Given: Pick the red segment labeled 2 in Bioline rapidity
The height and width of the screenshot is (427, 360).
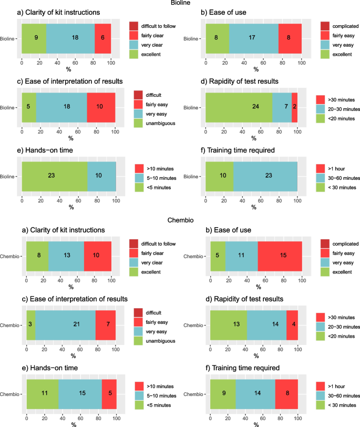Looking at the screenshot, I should point(294,107).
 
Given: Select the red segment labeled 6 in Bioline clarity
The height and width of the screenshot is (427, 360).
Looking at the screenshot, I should point(102,38).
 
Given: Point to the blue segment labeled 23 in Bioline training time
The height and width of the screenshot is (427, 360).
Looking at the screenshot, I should point(265,175).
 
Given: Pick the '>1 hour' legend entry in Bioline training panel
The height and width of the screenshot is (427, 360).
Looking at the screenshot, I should point(331,168).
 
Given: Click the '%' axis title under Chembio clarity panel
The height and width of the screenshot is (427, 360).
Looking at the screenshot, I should point(71,287).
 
